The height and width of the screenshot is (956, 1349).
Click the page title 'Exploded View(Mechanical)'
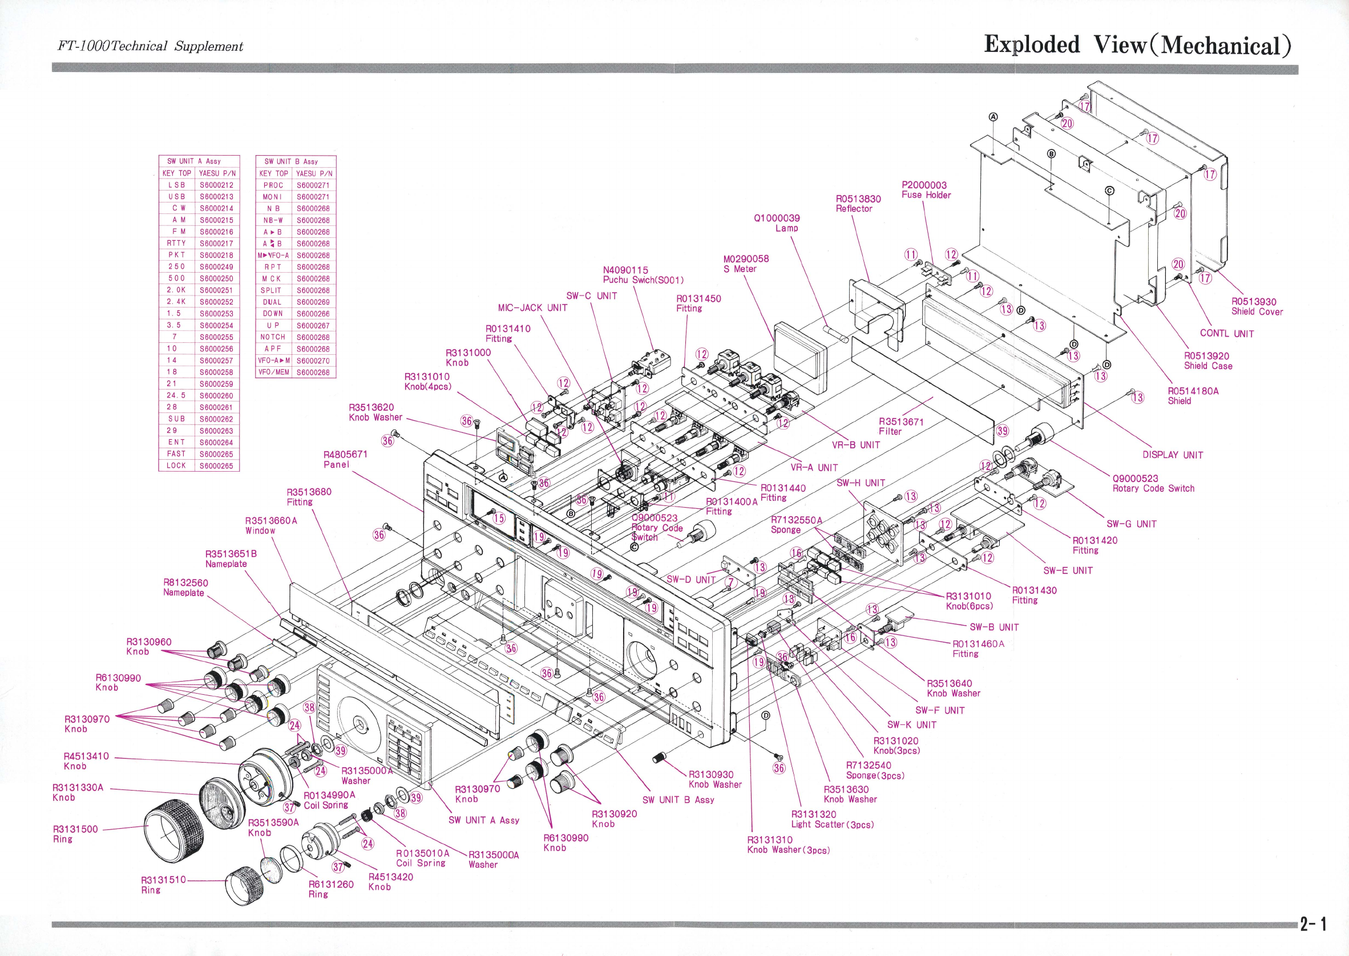(x=1137, y=44)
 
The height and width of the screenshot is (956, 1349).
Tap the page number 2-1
(x=1313, y=923)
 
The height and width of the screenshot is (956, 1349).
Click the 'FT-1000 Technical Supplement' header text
(x=150, y=46)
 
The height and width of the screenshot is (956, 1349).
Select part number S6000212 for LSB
(x=217, y=185)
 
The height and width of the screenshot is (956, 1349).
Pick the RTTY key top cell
(x=176, y=243)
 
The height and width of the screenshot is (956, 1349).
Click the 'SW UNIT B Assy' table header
(x=296, y=161)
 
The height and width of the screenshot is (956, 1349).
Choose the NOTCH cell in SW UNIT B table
(x=273, y=337)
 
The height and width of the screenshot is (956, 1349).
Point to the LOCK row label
(x=176, y=465)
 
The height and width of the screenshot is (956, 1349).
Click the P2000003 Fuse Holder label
(x=926, y=190)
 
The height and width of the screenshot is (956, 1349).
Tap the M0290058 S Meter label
(x=746, y=264)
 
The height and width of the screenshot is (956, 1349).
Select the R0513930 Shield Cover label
(x=1257, y=307)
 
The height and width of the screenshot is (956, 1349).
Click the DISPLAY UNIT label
(x=1172, y=455)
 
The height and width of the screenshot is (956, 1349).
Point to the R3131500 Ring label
(x=75, y=833)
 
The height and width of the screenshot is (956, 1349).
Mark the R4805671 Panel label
(x=345, y=459)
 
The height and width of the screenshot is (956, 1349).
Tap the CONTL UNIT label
(x=1226, y=334)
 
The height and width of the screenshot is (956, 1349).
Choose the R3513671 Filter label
(x=901, y=426)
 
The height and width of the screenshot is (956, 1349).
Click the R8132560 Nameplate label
(x=185, y=588)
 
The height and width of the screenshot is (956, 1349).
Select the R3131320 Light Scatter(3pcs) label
(x=832, y=820)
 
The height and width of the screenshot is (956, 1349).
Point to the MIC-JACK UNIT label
(x=532, y=308)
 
